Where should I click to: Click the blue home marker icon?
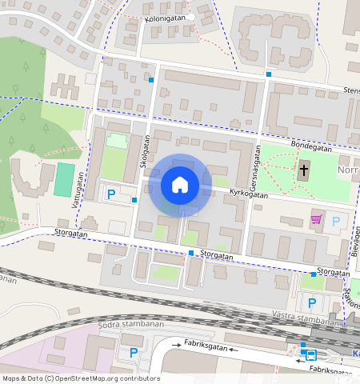pyautogui.click(x=180, y=186)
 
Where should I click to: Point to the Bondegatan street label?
pyautogui.click(x=310, y=145)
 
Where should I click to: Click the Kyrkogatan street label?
pyautogui.click(x=247, y=193)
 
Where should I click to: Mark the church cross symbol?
pyautogui.click(x=304, y=170)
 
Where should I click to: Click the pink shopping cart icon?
pyautogui.click(x=317, y=219)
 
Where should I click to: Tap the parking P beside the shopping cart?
pyautogui.click(x=336, y=221)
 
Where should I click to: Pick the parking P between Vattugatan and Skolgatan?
pyautogui.click(x=112, y=194)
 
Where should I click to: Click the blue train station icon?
pyautogui.click(x=307, y=355)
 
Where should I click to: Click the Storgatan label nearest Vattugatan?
pyautogui.click(x=70, y=234)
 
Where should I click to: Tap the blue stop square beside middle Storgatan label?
pyautogui.click(x=191, y=253)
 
